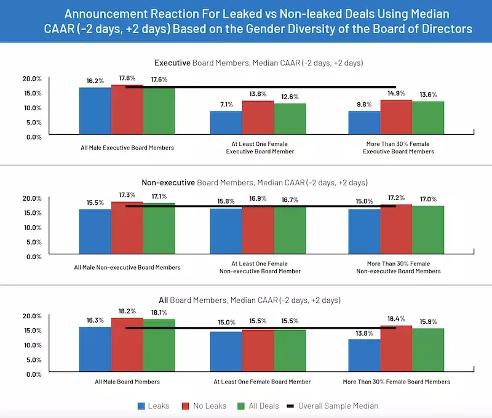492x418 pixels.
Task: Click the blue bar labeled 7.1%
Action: [226, 123]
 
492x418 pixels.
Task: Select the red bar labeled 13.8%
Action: [258, 117]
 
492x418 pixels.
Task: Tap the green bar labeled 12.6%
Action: [290, 118]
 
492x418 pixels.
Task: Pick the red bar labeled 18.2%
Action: [127, 345]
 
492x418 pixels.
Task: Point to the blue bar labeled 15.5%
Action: [95, 231]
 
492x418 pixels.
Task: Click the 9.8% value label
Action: [364, 105]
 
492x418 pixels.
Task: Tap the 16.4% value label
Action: [396, 319]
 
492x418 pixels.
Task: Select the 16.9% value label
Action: [258, 199]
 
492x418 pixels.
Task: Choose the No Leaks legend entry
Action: [205, 406]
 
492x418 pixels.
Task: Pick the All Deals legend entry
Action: [259, 406]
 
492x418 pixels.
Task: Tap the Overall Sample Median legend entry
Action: [331, 406]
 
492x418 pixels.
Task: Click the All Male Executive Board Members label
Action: [127, 148]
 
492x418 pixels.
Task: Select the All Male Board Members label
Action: [127, 382]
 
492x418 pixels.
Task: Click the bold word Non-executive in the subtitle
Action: [168, 183]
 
